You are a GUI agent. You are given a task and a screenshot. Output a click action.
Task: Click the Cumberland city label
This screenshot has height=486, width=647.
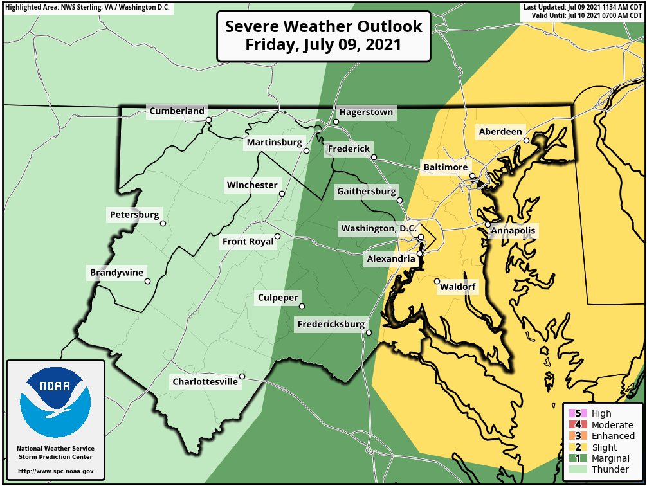(x=177, y=111)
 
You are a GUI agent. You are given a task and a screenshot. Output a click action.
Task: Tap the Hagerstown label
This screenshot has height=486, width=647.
(x=366, y=112)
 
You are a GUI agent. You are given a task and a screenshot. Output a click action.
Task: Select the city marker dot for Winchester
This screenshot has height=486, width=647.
(x=282, y=194)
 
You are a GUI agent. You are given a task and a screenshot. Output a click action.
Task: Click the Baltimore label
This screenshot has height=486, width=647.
(x=445, y=167)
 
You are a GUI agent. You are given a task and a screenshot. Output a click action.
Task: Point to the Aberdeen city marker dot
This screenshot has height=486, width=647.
(x=526, y=140)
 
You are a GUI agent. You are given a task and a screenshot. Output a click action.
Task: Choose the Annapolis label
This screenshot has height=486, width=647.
(x=513, y=230)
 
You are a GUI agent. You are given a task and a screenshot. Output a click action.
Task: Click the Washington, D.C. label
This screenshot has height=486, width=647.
(x=379, y=228)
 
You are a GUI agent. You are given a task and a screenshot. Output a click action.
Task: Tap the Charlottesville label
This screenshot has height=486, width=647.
(x=205, y=382)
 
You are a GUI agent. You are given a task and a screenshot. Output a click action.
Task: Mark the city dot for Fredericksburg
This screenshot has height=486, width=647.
(x=369, y=332)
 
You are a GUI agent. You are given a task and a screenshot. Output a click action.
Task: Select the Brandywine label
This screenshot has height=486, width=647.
(x=116, y=273)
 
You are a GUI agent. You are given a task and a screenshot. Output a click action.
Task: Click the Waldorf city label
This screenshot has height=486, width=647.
(x=458, y=287)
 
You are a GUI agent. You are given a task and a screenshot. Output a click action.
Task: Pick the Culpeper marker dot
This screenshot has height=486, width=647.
(x=301, y=306)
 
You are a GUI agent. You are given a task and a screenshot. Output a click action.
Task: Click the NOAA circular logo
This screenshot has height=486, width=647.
(x=55, y=402)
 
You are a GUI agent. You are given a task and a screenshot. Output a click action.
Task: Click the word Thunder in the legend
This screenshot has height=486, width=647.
(x=610, y=469)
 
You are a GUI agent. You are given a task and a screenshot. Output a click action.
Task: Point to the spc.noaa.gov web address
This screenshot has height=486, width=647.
(x=55, y=471)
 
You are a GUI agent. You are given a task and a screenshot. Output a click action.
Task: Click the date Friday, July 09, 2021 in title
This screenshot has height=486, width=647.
(x=323, y=46)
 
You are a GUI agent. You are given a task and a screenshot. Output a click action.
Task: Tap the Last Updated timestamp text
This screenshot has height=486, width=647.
(x=583, y=7)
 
